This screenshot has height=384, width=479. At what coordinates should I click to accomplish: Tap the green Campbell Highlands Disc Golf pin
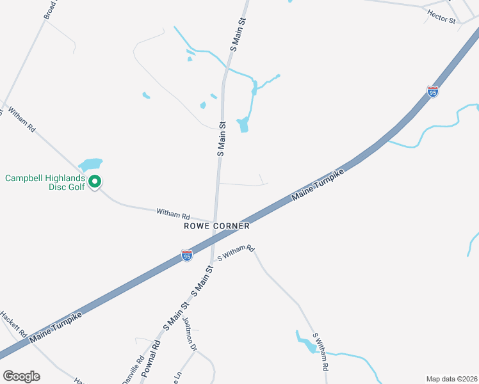pyautogui.click(x=95, y=182)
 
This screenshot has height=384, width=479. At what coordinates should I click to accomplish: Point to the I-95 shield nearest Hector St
pyautogui.click(x=433, y=92)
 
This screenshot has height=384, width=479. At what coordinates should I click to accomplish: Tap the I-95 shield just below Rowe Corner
pyautogui.click(x=186, y=256)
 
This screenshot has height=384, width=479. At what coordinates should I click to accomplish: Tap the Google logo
pyautogui.click(x=21, y=376)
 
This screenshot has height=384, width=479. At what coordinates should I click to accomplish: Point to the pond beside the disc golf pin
pyautogui.click(x=90, y=164)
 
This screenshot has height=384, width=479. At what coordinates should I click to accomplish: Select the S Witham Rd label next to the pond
pyautogui.click(x=323, y=351)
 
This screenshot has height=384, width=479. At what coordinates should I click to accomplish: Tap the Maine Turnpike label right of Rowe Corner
pyautogui.click(x=319, y=186)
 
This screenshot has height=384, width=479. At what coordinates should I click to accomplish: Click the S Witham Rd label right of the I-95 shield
pyautogui.click(x=236, y=253)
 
